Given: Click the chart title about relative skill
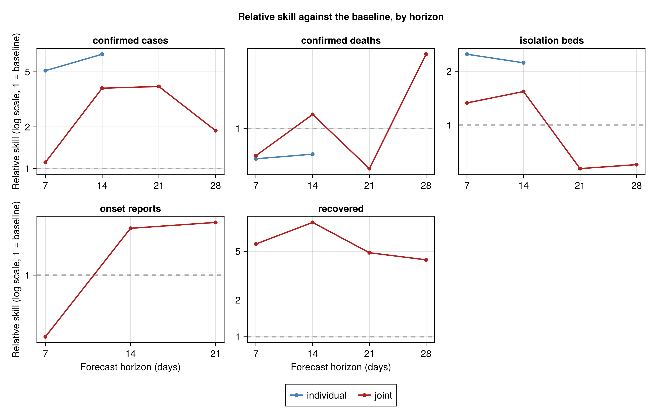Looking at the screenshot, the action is point(341,17).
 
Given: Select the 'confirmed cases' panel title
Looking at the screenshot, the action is point(131,41).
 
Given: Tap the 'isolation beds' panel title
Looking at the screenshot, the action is point(552,41).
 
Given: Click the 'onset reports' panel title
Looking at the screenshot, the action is point(131,209).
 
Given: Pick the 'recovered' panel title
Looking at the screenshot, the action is point(341,209).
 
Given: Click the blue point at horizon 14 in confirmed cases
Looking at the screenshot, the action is point(102,54).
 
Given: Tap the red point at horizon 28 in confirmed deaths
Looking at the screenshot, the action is point(426,54).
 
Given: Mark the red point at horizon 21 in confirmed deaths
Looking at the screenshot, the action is point(369,168).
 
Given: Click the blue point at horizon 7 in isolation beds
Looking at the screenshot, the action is point(467,54).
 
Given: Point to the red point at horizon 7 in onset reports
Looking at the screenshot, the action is point(46,337).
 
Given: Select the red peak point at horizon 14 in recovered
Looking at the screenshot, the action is point(313,222).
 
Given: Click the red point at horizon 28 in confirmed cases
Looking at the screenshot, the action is point(215,131).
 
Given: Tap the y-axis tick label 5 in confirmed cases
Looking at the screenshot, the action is point(27,72).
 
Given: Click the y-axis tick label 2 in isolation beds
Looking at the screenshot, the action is point(449,71).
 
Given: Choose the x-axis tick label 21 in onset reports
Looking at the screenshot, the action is point(215,354).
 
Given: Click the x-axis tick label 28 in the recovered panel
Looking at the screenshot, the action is point(426,354).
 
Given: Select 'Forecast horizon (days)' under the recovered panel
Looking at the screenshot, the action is point(341,367).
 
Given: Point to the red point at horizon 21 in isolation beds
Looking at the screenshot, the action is point(580,168).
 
